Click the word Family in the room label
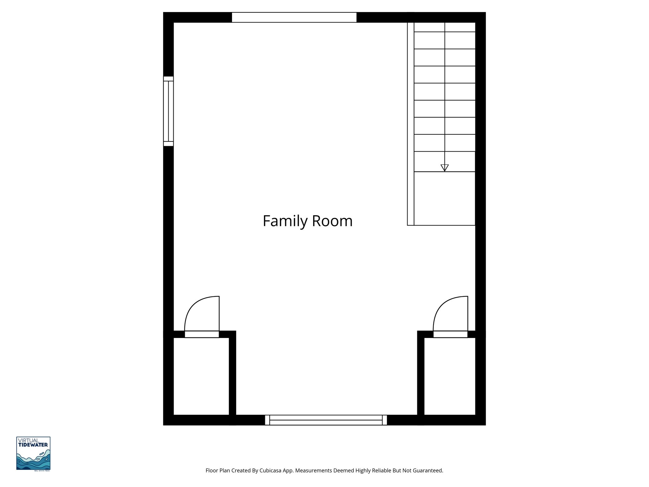[286, 221]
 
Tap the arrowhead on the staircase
[445, 168]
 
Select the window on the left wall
[168, 111]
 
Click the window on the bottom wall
[326, 420]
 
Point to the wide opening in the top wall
[294, 17]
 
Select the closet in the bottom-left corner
[201, 376]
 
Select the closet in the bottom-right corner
[449, 376]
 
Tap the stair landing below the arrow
[445, 198]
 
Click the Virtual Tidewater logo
[33, 453]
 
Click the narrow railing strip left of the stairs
[411, 124]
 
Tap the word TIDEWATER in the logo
[33, 445]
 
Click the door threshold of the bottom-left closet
[202, 334]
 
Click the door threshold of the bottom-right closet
[450, 334]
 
